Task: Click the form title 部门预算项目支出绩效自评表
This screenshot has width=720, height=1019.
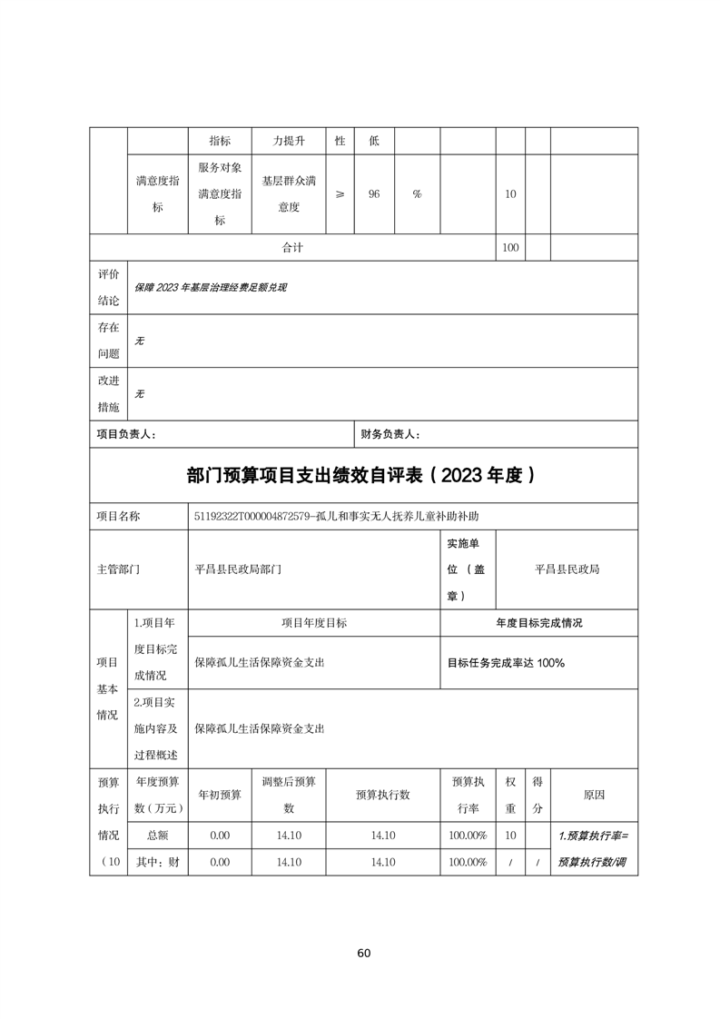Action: coord(360,475)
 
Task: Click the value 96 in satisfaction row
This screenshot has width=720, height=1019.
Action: coord(373,194)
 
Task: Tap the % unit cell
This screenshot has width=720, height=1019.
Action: coord(417,194)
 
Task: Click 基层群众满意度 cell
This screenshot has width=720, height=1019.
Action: coord(289,194)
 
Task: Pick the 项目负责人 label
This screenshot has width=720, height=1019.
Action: coord(126,434)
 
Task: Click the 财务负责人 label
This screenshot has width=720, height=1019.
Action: coord(390,434)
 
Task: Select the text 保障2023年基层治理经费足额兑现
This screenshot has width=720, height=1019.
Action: coord(211,287)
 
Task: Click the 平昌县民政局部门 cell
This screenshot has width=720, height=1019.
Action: coord(239,569)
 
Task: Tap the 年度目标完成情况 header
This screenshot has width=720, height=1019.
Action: coord(538,623)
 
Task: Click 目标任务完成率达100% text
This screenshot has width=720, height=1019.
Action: coord(506,662)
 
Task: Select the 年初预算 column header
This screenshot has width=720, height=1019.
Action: coord(220,794)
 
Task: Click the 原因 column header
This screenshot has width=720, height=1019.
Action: coord(594,794)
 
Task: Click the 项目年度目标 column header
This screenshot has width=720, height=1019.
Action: coord(313,623)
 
